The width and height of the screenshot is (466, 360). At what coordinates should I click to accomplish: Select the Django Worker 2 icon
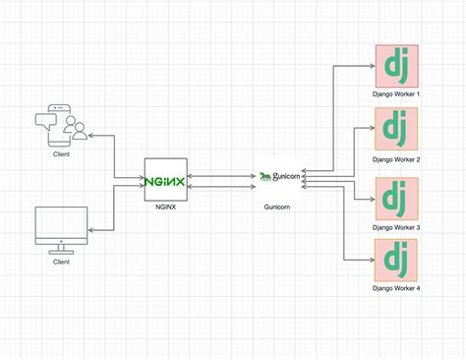pyautogui.click(x=396, y=130)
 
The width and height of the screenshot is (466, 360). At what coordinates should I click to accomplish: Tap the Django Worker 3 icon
pyautogui.click(x=396, y=197)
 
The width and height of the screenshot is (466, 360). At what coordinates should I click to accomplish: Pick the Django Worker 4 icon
pyautogui.click(x=396, y=259)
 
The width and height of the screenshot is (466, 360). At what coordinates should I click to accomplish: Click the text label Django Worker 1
pyautogui.click(x=396, y=93)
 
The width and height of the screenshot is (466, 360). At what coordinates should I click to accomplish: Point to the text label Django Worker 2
pyautogui.click(x=396, y=158)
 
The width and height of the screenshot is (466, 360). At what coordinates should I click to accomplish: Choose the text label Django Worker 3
pyautogui.click(x=396, y=226)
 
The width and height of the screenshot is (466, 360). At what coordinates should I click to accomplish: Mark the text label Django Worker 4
pyautogui.click(x=396, y=288)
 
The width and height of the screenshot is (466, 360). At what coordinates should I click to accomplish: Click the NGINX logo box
pyautogui.click(x=165, y=180)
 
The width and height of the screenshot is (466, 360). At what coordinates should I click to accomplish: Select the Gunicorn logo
pyautogui.click(x=276, y=177)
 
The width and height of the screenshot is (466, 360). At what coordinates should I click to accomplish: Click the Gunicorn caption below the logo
pyautogui.click(x=276, y=209)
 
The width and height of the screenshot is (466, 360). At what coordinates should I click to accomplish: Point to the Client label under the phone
pyautogui.click(x=61, y=154)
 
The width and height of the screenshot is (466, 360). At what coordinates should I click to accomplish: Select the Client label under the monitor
pyautogui.click(x=61, y=263)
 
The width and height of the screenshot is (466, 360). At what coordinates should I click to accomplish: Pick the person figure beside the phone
pyautogui.click(x=73, y=129)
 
